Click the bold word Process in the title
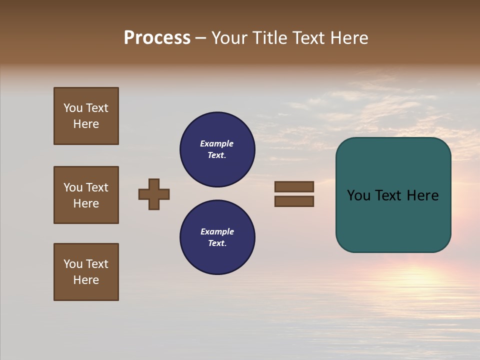point(157,38)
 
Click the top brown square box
point(86,116)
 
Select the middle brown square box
point(86,195)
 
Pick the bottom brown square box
point(86,272)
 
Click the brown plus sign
point(154,194)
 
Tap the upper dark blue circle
point(217,149)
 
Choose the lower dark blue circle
point(217,237)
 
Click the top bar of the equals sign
point(294,186)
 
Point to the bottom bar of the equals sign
point(294,201)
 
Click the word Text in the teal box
point(392,195)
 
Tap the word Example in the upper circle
point(216,143)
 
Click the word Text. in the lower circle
point(217,243)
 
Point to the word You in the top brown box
point(72,108)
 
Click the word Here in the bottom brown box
point(86,280)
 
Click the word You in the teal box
point(358,195)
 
